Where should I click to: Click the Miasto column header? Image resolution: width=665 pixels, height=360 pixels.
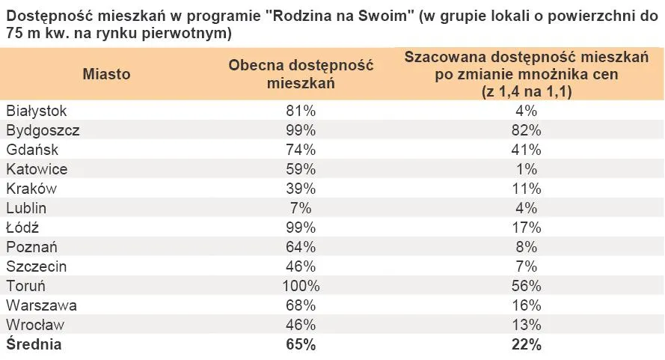pos(107,74)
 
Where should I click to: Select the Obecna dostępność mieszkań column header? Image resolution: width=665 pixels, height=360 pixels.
pos(301,74)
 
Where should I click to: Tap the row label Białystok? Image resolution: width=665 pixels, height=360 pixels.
pos(37,111)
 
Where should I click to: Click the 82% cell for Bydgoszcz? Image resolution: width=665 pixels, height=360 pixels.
pos(527,130)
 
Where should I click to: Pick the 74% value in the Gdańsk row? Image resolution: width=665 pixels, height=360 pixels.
pos(301,150)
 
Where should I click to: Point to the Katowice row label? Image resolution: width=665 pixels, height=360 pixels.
pos(37,169)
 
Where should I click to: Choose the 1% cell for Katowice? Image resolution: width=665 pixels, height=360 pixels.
pos(527,169)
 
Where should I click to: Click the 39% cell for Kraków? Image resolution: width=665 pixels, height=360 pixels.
pos(301,189)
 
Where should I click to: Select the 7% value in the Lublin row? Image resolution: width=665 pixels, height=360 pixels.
pos(301,208)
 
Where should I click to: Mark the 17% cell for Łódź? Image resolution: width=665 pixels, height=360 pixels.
pos(527,228)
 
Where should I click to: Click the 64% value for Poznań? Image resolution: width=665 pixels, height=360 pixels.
pos(301,247)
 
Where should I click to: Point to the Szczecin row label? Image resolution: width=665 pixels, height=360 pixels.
pos(37,266)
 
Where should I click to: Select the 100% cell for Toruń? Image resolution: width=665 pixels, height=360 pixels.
pos(301,286)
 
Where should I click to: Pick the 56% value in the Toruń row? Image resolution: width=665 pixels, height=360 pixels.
pos(527,286)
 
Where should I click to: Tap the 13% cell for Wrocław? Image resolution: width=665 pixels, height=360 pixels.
pos(527,325)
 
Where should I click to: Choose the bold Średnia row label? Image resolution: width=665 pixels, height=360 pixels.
pos(34,345)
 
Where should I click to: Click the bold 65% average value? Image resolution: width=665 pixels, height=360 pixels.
pos(301,345)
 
